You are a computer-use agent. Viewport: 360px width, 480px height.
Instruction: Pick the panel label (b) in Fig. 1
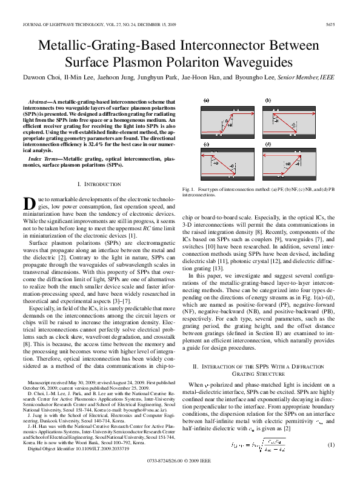pyautogui.click(x=268, y=101)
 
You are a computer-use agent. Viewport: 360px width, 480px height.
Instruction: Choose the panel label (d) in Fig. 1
pyautogui.click(x=268, y=144)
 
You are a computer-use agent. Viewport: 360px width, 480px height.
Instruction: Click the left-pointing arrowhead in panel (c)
pyautogui.click(x=202, y=155)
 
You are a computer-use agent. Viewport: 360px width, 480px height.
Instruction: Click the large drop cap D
pyautogui.click(x=28, y=204)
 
